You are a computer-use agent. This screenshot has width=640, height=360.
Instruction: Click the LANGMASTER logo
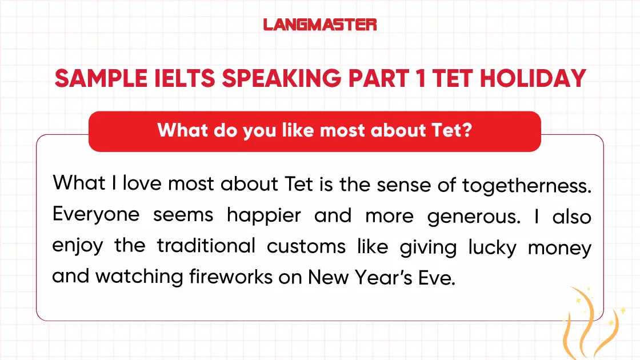coord(320,25)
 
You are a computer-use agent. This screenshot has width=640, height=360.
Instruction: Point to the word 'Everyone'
coord(96,215)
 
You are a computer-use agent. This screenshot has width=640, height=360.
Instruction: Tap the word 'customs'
coord(306,247)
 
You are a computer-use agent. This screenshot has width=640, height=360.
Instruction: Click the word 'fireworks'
coord(231,277)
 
